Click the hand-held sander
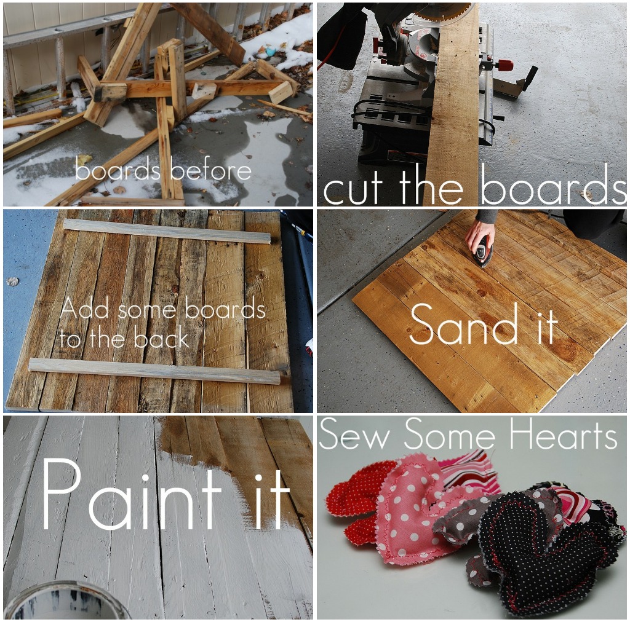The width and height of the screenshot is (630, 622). click(x=482, y=251)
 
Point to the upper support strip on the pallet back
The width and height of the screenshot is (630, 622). click(x=167, y=232)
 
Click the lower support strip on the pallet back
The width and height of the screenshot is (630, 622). click(x=154, y=371)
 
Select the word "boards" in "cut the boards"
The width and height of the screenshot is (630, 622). click(x=553, y=186)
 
